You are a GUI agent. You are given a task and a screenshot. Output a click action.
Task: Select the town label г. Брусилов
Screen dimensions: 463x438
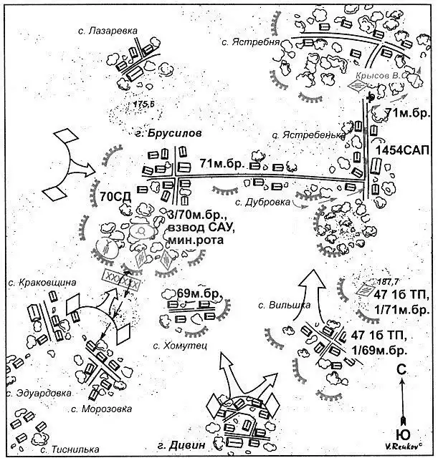tap(173, 133)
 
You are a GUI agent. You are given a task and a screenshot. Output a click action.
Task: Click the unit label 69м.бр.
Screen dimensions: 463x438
tap(196, 293)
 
